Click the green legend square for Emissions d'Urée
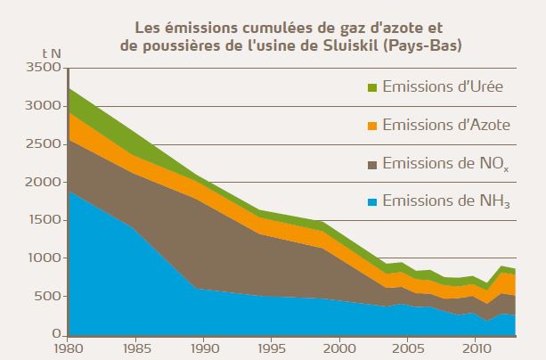[372, 87]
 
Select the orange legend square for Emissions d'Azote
[372, 126]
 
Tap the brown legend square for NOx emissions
[372, 164]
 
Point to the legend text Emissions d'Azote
[446, 126]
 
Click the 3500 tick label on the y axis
[42, 68]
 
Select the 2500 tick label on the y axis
[42, 143]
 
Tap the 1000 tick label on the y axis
[42, 258]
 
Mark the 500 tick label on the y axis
[45, 297]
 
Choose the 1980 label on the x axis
[69, 348]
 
